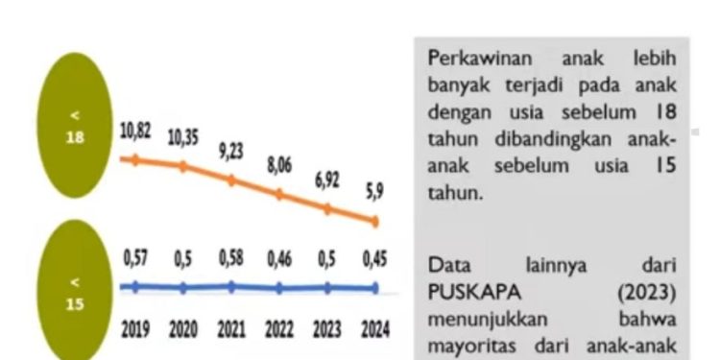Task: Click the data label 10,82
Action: (135, 132)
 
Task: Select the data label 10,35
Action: (182, 137)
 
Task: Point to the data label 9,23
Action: (231, 150)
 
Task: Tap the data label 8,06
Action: (278, 166)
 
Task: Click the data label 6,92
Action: (327, 180)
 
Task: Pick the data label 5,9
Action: (373, 191)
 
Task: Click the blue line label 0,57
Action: (135, 258)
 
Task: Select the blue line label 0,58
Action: (231, 258)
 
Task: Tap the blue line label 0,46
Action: (278, 258)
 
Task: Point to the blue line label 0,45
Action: (374, 258)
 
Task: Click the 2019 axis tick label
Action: (135, 330)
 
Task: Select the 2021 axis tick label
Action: (231, 330)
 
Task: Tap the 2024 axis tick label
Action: (374, 330)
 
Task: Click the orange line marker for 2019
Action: (135, 159)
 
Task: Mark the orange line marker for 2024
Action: (374, 222)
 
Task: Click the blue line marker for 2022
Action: (278, 287)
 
